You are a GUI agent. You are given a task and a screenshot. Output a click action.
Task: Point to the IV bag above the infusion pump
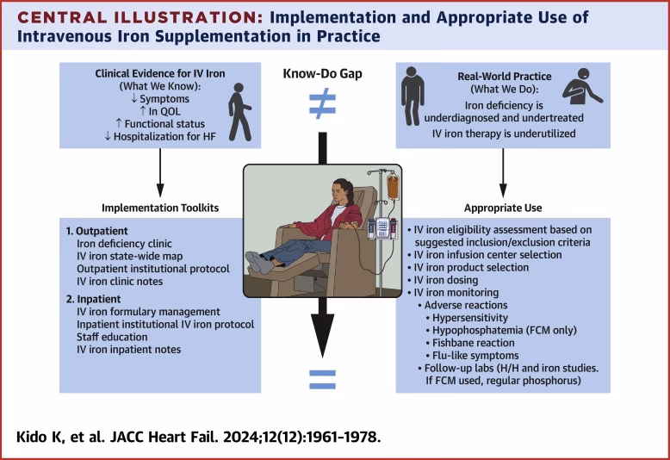393,184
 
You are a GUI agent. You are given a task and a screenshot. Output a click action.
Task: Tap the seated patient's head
313,183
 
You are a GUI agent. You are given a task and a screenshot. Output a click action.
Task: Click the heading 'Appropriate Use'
502,208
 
